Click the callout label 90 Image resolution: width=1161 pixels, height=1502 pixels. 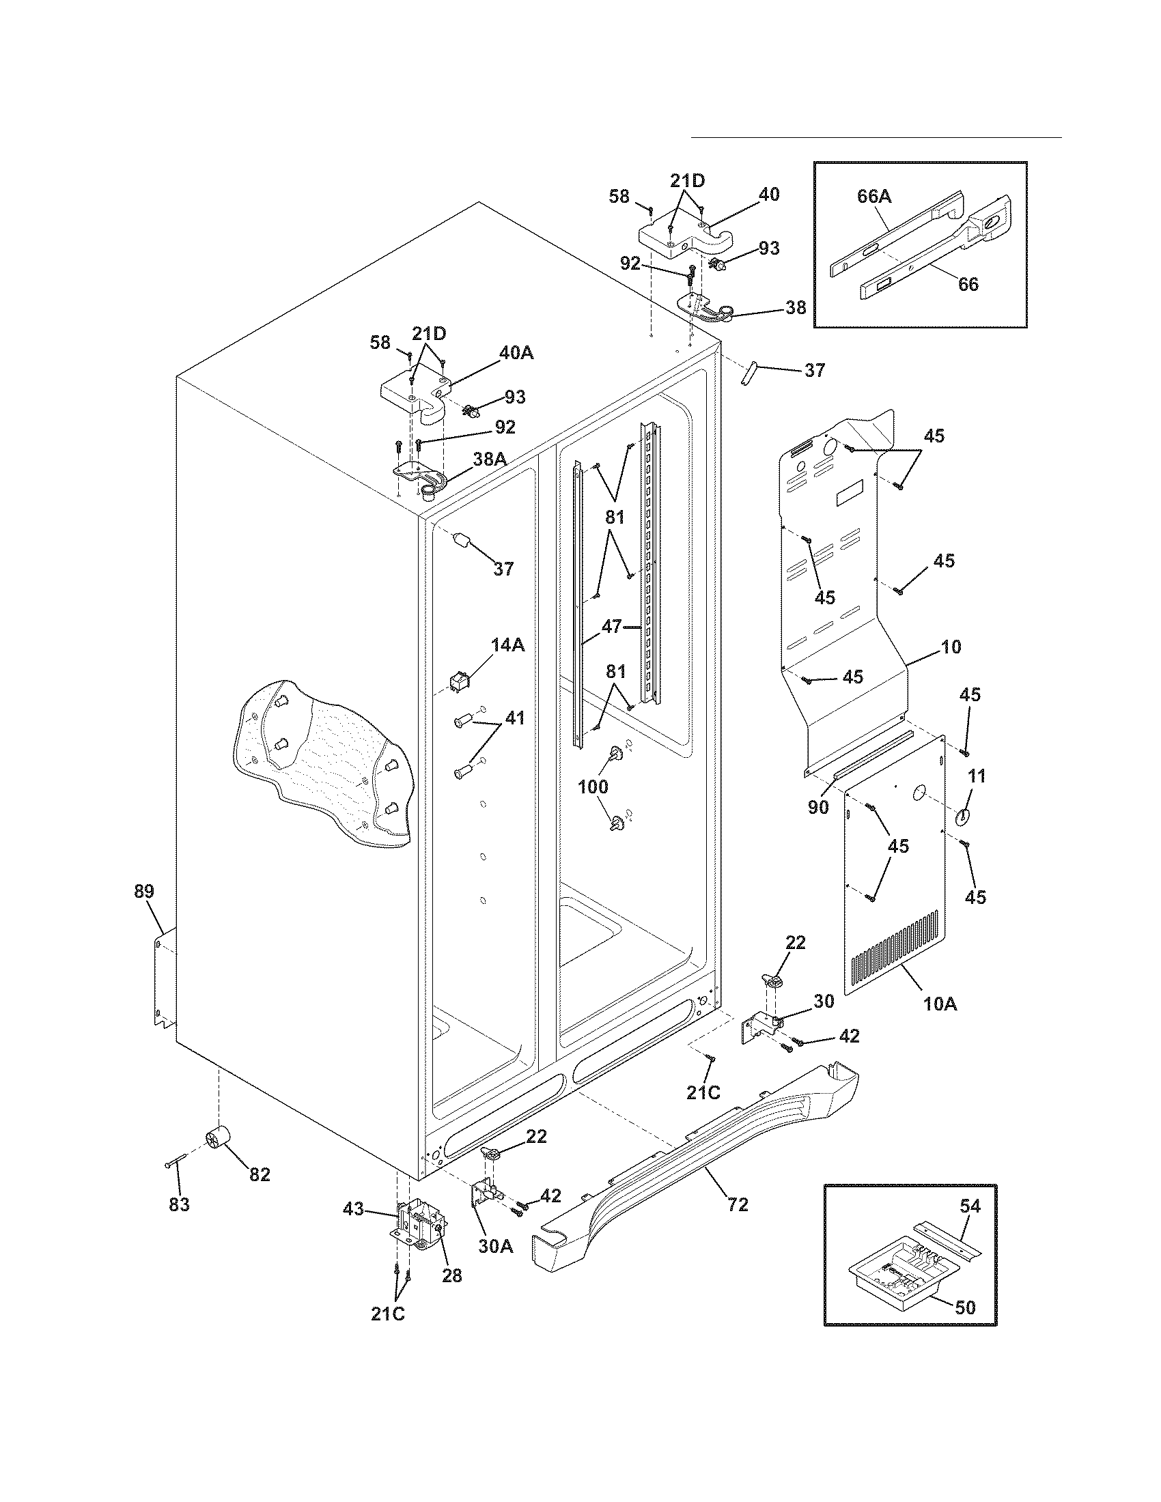pos(818,808)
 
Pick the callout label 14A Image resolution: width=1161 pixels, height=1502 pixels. pos(507,644)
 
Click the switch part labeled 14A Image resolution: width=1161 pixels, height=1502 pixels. pos(457,682)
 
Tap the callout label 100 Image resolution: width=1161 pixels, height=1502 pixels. pos(593,786)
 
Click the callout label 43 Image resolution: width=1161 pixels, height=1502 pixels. pos(354,1208)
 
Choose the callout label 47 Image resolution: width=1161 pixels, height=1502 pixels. pos(611,627)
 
